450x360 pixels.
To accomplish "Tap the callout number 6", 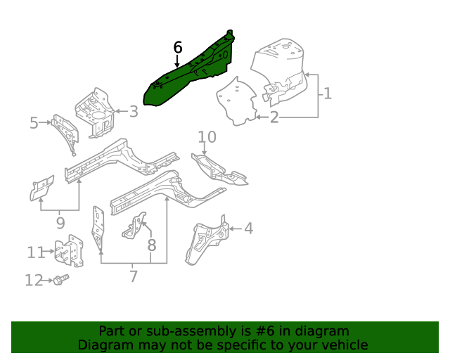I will coord(178,47).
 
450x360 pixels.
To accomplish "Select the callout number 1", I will coord(327,93).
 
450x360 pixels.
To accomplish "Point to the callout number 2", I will coord(274,117).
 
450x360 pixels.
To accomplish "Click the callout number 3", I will coord(133,111).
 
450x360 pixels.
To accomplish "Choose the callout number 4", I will coord(248,228).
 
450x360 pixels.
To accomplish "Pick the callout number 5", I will coord(33,124).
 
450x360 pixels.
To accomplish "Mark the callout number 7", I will coord(134,276).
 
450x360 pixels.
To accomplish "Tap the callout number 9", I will coord(60,223).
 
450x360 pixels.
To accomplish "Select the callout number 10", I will coord(207,136).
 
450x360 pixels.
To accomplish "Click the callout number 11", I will coord(36,252).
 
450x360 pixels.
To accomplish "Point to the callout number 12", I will coord(34,281).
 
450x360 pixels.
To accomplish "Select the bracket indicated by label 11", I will coord(69,252).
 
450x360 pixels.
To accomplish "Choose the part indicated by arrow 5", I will coord(65,131).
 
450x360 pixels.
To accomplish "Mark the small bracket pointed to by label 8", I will coord(136,226).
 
